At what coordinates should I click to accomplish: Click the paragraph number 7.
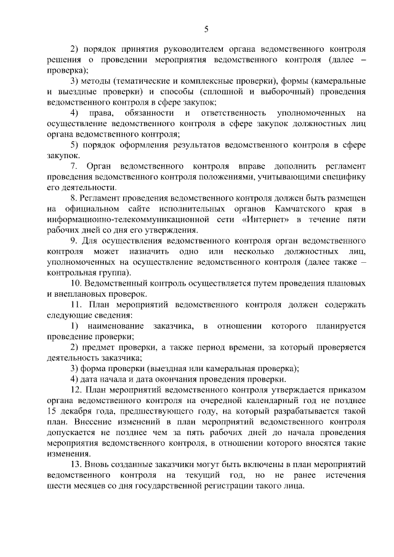[73, 166]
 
